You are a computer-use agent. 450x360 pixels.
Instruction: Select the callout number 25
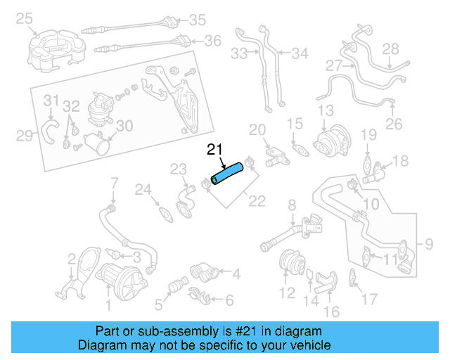coord(24,19)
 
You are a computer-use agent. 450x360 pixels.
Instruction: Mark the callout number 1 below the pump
coord(108,304)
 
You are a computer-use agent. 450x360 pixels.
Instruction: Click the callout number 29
coord(25,135)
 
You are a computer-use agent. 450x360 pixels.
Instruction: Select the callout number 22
coord(257,202)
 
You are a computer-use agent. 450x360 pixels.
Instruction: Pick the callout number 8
coord(292,205)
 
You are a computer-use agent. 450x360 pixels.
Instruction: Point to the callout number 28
coord(390,49)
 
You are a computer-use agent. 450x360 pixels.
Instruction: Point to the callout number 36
coord(213,41)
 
